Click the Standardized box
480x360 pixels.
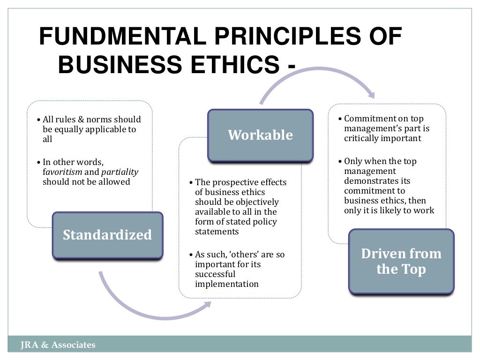(107, 235)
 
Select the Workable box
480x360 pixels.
(260, 135)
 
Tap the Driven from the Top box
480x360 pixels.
(401, 262)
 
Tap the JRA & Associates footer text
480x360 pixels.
(58, 345)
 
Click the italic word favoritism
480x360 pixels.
(62, 172)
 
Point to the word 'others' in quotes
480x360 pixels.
(241, 255)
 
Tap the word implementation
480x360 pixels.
(227, 284)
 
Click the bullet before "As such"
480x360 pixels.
(191, 255)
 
